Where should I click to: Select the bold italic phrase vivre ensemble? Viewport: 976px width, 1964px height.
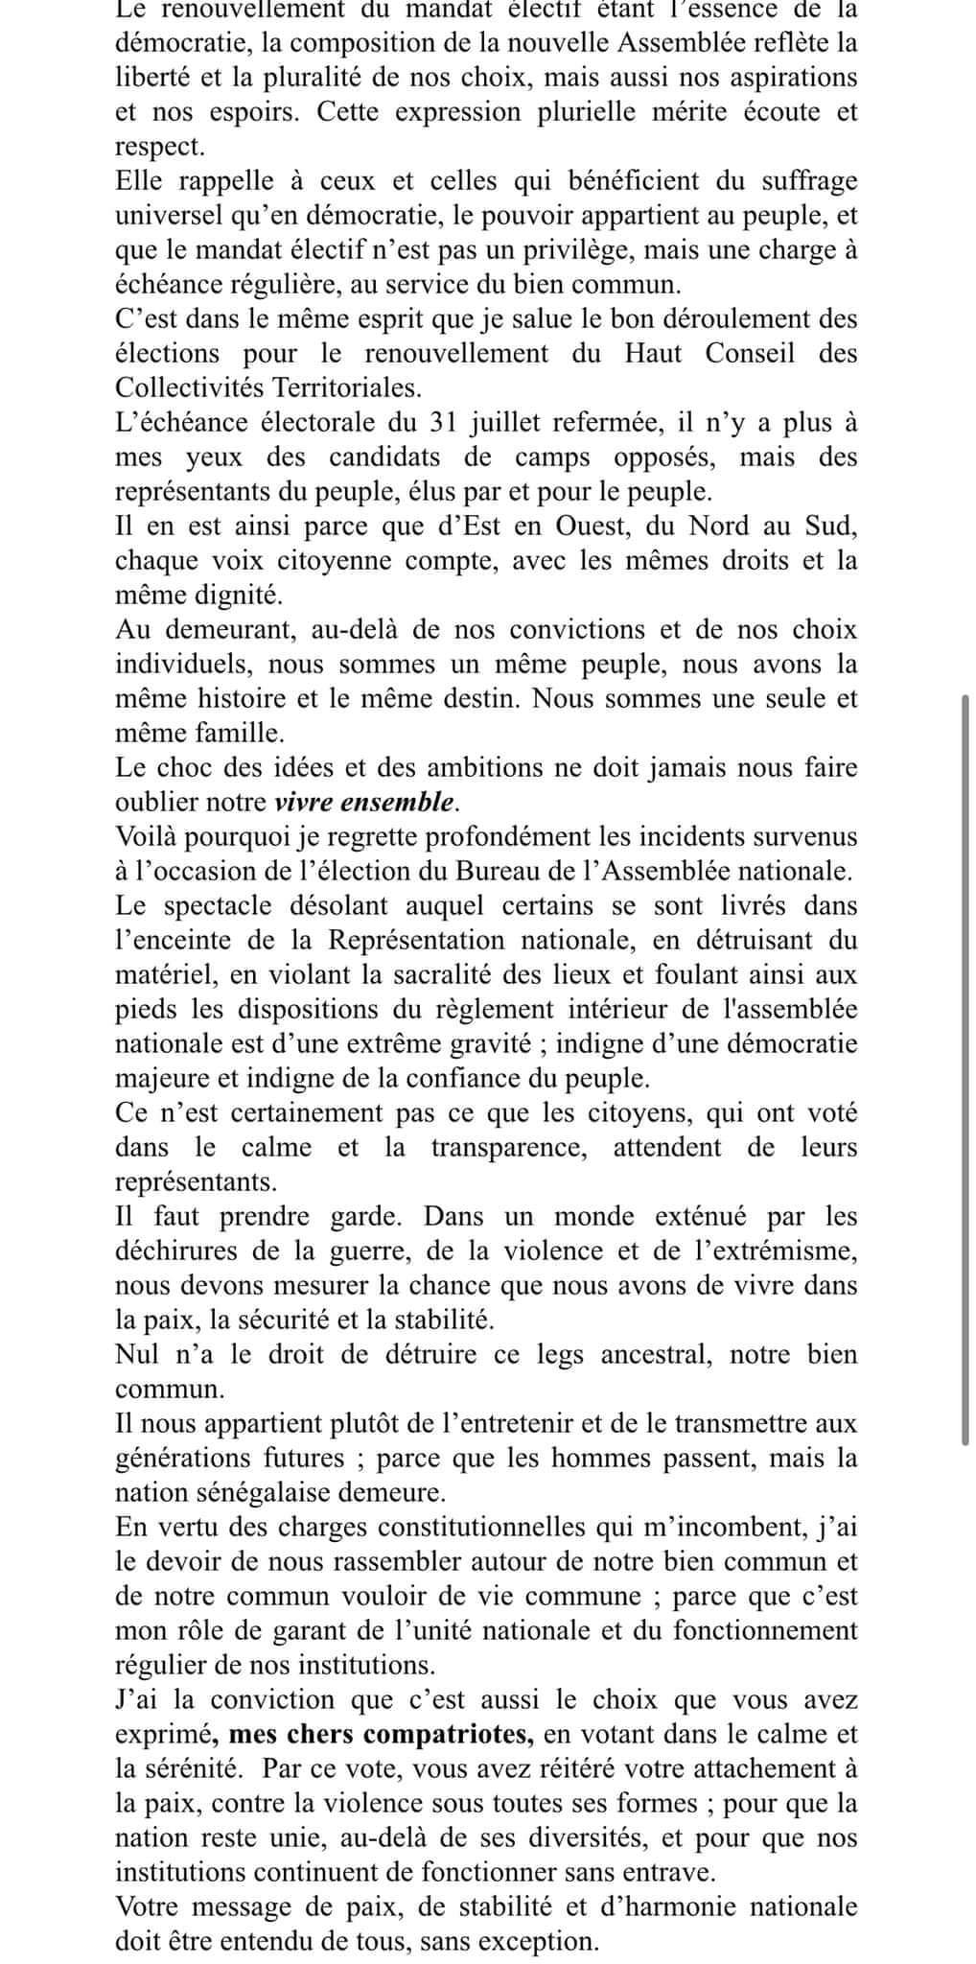coord(362,802)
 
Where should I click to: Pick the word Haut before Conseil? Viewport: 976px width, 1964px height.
coord(653,354)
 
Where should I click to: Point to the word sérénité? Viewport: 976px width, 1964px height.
coord(179,1769)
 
